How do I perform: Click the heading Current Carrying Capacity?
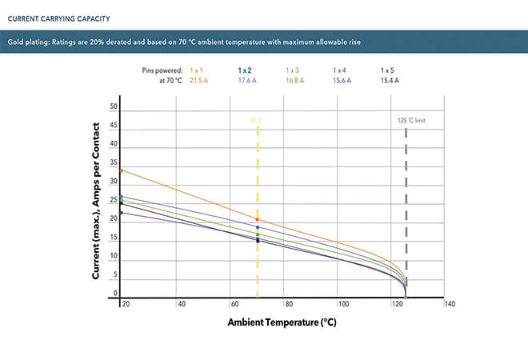coord(58,17)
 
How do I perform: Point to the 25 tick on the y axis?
coord(114,200)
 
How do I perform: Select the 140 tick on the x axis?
coord(450,304)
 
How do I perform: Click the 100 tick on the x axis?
coord(342,304)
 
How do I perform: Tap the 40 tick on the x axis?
coord(182,304)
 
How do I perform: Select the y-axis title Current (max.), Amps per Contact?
coord(97,201)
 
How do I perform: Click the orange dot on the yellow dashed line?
coord(258,219)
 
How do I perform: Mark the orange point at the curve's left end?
coord(121,170)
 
